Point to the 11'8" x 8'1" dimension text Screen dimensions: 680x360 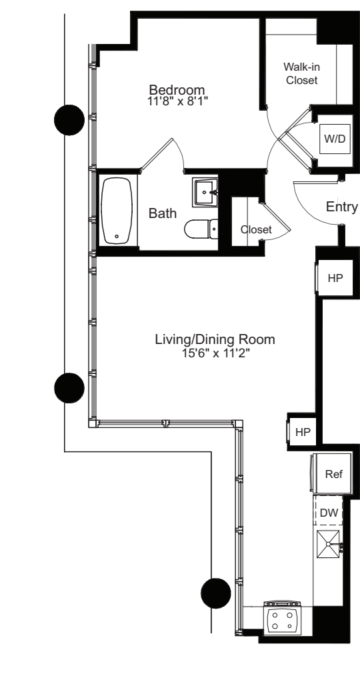click(177, 101)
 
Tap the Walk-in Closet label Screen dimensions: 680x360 click(301, 73)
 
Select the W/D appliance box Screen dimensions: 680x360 click(333, 139)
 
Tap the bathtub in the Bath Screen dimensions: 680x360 click(118, 211)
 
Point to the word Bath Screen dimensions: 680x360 click(163, 214)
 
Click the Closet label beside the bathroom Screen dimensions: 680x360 click(256, 229)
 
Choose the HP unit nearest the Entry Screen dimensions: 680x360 click(333, 277)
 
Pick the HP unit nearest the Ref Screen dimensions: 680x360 click(303, 431)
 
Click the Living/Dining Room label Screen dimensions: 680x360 click(215, 340)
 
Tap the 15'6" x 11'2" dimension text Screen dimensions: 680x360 click(215, 353)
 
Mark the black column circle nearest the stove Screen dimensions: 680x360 click(216, 591)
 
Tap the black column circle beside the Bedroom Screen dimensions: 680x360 click(69, 121)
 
